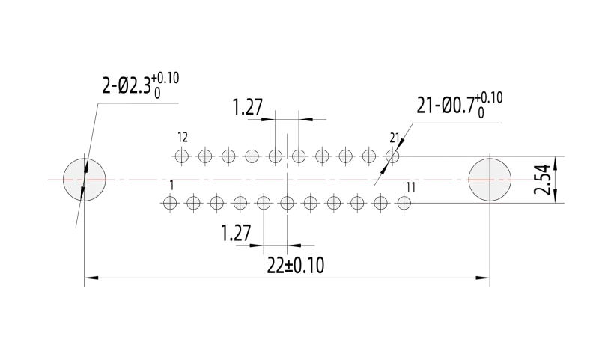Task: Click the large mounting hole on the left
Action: pos(84,180)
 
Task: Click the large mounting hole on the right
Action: pos(490,180)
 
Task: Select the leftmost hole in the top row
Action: pos(182,156)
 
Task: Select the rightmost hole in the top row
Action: pos(392,156)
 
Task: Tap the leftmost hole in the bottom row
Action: pos(170,203)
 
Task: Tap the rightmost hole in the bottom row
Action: pos(404,203)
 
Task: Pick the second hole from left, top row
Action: pos(205,156)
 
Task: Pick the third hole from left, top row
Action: pos(228,156)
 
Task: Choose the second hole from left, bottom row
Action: pos(193,203)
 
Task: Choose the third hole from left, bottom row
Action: pos(216,203)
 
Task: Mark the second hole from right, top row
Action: pos(369,156)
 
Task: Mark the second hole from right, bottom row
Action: pos(380,203)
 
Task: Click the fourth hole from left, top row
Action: pos(252,156)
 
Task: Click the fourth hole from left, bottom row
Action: pos(240,203)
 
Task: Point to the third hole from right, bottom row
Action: pos(357,203)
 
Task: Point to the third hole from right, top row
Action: pos(345,156)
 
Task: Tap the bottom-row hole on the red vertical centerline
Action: pos(287,203)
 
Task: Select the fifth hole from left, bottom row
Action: pos(264,203)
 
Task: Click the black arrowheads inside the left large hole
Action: pos(85,180)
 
